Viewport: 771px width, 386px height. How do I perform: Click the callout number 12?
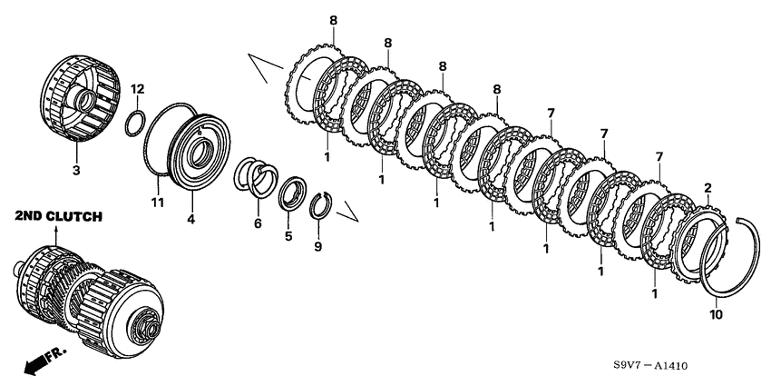tap(138, 90)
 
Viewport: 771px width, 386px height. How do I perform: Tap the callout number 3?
tap(76, 171)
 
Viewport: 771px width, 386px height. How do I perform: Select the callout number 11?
tap(158, 203)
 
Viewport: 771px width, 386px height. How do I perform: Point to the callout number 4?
tap(190, 219)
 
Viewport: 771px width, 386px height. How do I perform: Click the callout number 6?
tap(259, 224)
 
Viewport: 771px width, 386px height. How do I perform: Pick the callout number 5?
tap(288, 236)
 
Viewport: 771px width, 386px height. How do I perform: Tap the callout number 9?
tap(318, 246)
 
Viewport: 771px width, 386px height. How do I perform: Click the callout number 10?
tap(716, 314)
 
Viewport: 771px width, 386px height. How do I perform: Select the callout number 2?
tap(708, 188)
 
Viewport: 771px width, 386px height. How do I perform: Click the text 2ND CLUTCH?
tap(59, 216)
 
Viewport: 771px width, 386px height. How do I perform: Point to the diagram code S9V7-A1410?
tap(650, 366)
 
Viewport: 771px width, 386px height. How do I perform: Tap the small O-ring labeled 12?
tap(135, 124)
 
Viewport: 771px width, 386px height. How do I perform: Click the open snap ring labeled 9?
tap(320, 204)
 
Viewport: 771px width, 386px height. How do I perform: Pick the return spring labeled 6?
tap(255, 176)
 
